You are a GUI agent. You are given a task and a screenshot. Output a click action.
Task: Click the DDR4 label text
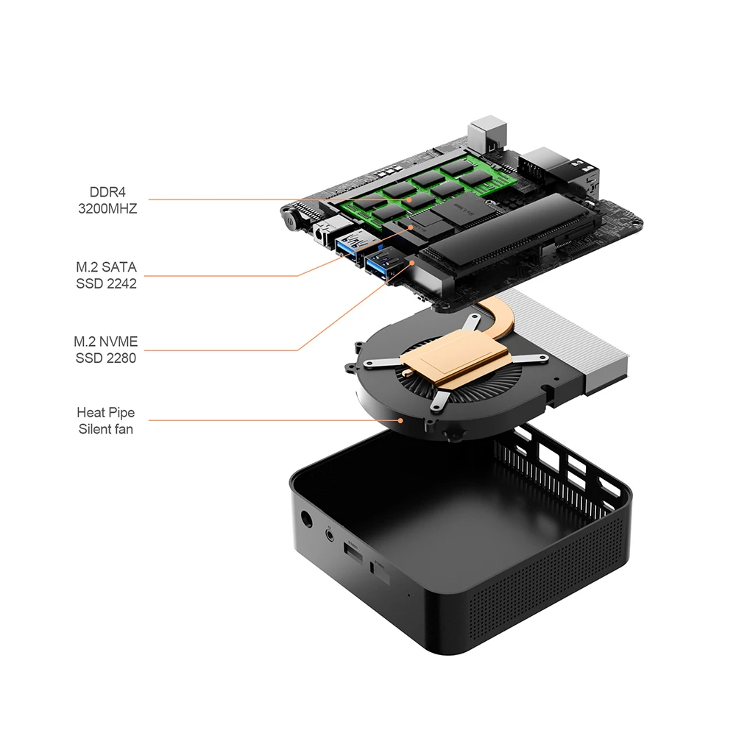tap(107, 192)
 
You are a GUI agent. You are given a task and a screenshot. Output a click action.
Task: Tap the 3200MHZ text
tap(107, 208)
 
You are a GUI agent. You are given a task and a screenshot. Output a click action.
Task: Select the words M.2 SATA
tap(107, 267)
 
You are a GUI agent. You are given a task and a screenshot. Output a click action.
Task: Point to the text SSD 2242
tap(107, 283)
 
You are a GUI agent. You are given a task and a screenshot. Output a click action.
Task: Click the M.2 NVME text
tap(106, 342)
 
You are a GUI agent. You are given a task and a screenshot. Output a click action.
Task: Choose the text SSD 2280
tap(106, 358)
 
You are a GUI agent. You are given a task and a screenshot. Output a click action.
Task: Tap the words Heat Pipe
tap(105, 413)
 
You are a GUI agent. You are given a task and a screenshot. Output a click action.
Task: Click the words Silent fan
tap(105, 429)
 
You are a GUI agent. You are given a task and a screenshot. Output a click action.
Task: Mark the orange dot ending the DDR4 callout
tap(410, 199)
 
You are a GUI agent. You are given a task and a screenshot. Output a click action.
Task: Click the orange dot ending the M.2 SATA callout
tap(411, 227)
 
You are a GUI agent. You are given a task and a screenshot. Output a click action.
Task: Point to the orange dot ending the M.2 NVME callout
tap(413, 263)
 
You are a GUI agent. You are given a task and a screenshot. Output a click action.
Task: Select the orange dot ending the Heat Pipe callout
tap(400, 420)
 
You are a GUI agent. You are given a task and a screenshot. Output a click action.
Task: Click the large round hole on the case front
tap(306, 519)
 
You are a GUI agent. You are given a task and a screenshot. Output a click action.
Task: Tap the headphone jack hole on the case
tap(331, 534)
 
